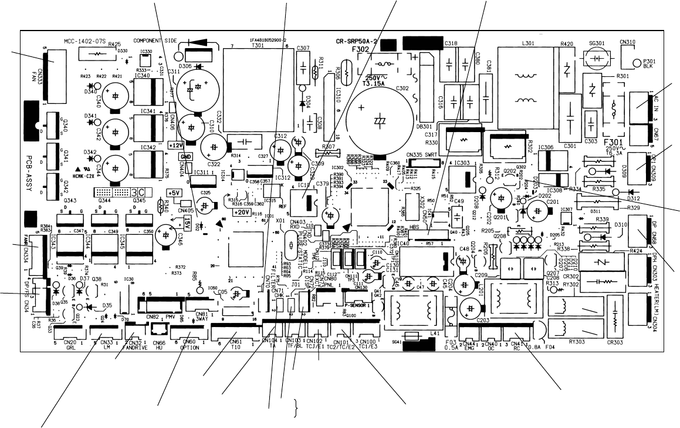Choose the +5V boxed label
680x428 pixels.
click(174, 193)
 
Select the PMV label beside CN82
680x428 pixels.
click(170, 316)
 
